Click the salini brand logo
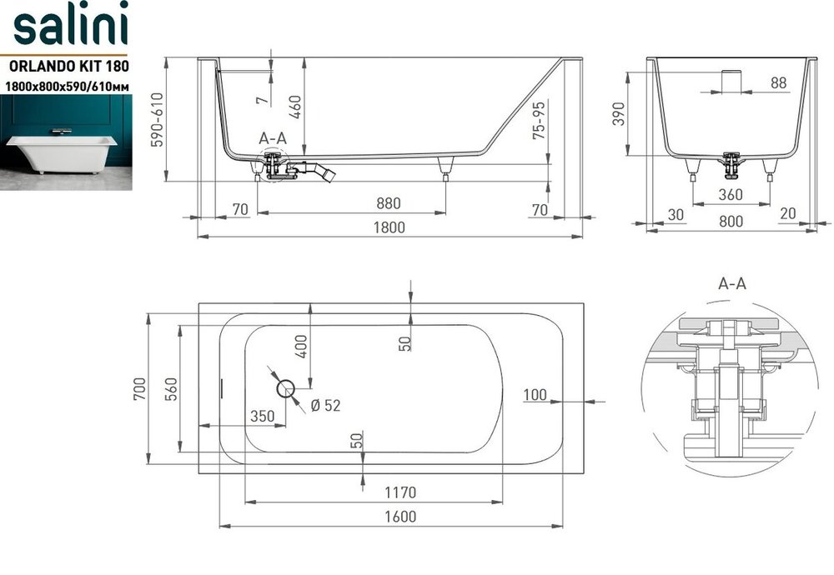[70, 24]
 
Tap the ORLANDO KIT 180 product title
[69, 66]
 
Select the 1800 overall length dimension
[389, 227]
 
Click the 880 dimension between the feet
[389, 203]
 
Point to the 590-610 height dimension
[158, 119]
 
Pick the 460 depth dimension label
[295, 107]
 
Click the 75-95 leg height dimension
[539, 121]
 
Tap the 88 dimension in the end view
[778, 82]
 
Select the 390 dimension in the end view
[619, 114]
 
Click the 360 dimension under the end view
[731, 194]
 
